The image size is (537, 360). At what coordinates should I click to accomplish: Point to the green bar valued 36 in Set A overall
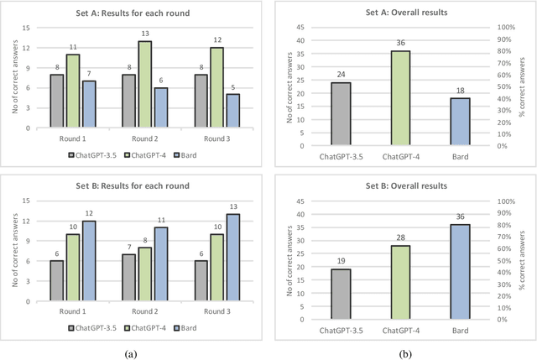(396, 98)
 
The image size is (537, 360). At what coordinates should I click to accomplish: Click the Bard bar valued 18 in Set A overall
(461, 122)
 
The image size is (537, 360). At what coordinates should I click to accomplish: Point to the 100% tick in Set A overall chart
(505, 28)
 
